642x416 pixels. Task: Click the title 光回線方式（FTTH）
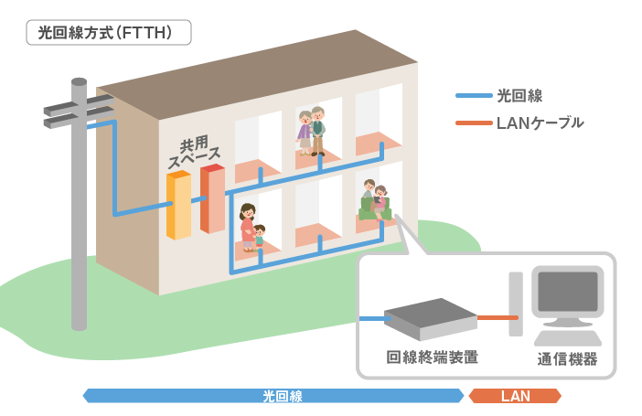click(x=105, y=33)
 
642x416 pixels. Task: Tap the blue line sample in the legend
click(x=474, y=96)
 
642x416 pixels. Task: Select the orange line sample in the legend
click(x=474, y=123)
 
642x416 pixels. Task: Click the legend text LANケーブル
click(x=540, y=123)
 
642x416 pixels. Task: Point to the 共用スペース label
click(x=194, y=152)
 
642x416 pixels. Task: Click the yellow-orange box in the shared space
click(x=178, y=205)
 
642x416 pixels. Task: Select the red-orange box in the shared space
click(x=212, y=198)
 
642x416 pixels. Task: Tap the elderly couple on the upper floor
click(x=311, y=131)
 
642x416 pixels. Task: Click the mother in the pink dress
click(x=248, y=228)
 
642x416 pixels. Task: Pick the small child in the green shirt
click(x=259, y=237)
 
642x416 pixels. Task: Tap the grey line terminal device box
click(x=431, y=319)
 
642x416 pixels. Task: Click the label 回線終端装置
click(x=433, y=357)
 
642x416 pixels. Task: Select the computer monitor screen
click(x=568, y=292)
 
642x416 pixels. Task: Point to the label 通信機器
click(x=567, y=358)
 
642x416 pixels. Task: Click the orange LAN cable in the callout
click(x=498, y=317)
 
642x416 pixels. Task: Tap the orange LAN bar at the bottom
click(x=515, y=396)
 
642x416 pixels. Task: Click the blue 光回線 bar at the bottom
click(x=273, y=396)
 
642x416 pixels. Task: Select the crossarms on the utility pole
click(x=79, y=112)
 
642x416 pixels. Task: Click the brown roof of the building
click(x=258, y=75)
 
